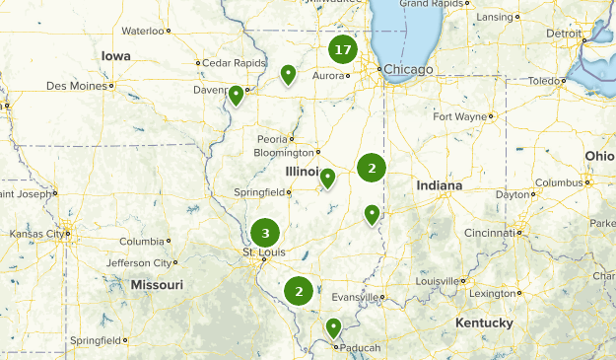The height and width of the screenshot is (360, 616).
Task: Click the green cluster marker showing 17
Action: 342,50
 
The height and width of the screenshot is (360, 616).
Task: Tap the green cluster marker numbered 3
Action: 264,234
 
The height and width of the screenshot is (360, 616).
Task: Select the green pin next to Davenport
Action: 237,96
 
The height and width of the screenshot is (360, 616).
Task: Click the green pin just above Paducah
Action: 334,327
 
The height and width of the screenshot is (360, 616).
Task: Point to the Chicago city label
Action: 408,69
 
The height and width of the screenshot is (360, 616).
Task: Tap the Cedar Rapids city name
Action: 236,62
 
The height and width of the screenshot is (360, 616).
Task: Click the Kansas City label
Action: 34,234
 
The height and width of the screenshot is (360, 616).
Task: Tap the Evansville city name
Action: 354,296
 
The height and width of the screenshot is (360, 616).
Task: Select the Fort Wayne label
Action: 459,116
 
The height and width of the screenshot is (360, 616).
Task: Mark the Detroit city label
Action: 564,33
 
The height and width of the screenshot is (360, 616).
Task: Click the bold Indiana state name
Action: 439,185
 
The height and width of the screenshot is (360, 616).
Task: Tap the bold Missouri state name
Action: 157,285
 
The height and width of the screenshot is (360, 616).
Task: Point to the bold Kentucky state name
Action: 484,323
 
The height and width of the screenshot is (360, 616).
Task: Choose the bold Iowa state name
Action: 115,56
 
